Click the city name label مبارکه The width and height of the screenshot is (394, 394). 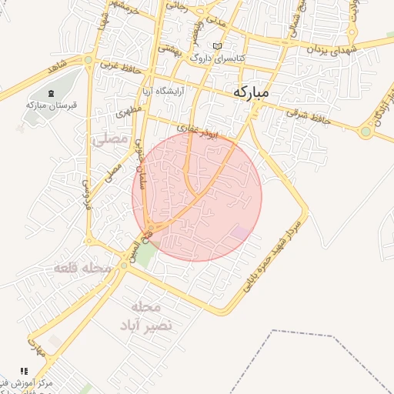click(251, 92)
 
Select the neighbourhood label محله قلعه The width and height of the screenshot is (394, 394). click(82, 269)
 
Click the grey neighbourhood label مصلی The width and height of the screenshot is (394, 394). click(109, 140)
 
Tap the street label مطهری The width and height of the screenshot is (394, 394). click(132, 112)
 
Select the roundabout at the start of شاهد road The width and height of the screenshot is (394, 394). click(89, 60)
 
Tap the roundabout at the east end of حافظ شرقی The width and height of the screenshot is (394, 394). click(366, 132)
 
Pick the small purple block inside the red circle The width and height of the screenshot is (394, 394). click(241, 232)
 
